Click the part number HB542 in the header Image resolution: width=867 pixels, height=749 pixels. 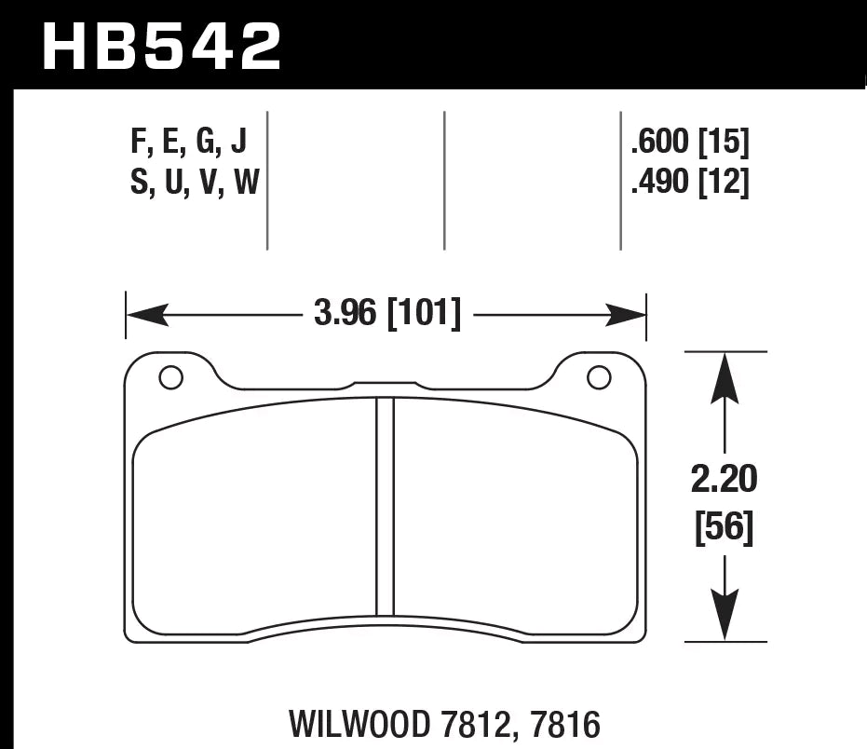(161, 46)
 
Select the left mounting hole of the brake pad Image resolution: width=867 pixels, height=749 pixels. (170, 377)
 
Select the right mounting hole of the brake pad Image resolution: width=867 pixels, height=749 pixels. (599, 377)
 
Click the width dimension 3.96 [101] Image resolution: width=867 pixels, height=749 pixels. (387, 315)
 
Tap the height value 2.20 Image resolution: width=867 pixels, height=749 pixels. (725, 483)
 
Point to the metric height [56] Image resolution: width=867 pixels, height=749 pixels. (725, 529)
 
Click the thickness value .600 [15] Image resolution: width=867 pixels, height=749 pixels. (689, 143)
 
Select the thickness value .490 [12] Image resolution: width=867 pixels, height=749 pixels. (689, 184)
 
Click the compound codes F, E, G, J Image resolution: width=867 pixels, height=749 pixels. (189, 143)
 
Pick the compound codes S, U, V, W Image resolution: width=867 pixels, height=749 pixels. (194, 184)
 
